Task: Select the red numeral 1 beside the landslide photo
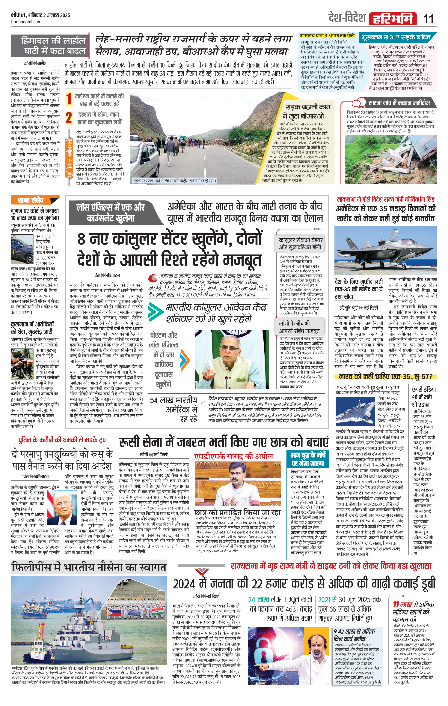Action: coord(69,99)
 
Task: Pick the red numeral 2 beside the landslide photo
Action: coord(69,118)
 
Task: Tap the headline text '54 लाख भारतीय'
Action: coord(174,400)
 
